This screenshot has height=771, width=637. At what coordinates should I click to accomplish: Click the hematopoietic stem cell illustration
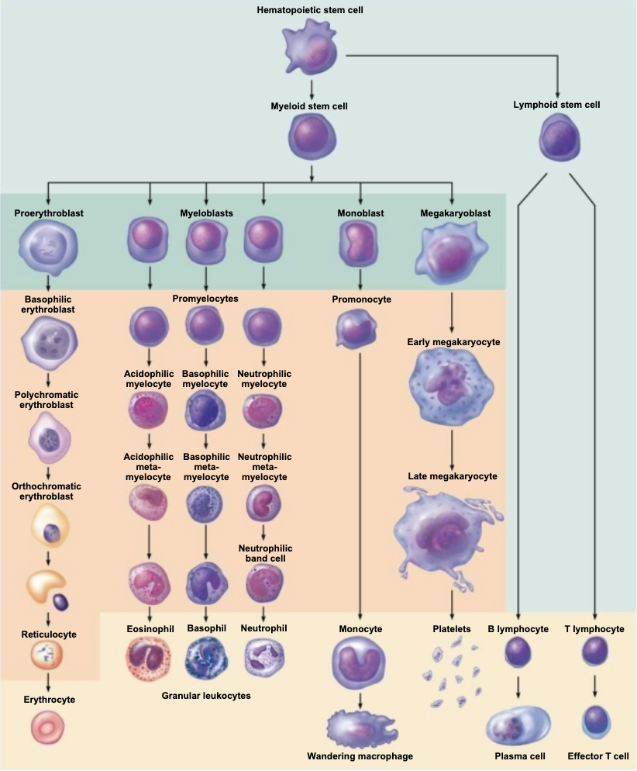(x=310, y=49)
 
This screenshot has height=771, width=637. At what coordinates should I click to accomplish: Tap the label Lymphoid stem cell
(x=556, y=105)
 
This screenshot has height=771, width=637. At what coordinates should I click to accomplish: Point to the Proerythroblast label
(x=48, y=213)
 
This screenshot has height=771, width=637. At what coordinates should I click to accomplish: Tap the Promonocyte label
(x=361, y=299)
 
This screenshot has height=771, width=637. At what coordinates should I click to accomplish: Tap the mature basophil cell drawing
(x=206, y=658)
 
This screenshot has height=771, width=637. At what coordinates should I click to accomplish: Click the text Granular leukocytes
(x=206, y=697)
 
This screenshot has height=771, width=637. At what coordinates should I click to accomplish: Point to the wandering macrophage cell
(x=360, y=730)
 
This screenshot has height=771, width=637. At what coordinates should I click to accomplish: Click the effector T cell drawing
(x=594, y=723)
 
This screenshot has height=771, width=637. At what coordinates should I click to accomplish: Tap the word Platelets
(x=452, y=629)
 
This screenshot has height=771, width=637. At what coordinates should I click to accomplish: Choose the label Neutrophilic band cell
(x=264, y=554)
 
